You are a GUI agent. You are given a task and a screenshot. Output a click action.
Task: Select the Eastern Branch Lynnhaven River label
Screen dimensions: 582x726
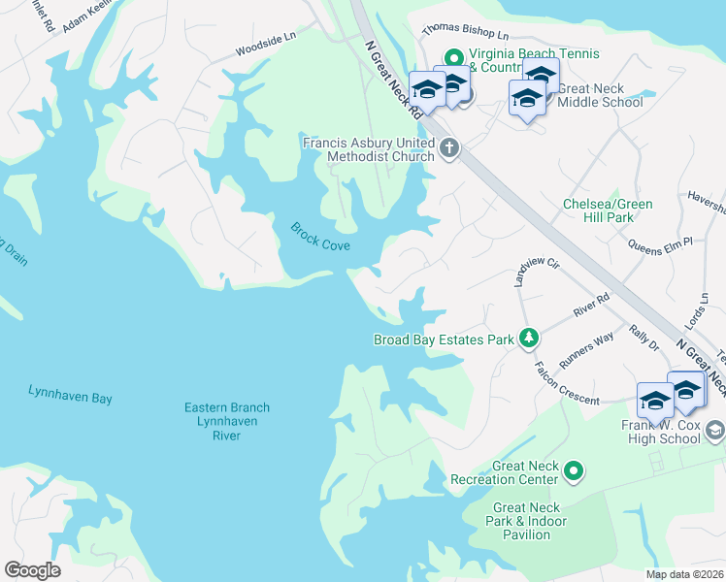coord(227,421)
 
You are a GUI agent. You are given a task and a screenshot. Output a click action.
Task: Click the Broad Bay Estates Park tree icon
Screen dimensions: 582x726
coord(529,339)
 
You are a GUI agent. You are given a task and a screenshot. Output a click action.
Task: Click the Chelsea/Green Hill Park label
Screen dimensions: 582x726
coord(609,210)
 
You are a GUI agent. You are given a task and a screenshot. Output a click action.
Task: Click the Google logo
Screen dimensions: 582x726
coord(32,570)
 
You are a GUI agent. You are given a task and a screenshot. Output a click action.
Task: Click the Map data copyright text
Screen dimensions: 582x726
coord(684,574)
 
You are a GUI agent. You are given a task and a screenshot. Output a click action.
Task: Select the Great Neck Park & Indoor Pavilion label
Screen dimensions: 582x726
coord(529,521)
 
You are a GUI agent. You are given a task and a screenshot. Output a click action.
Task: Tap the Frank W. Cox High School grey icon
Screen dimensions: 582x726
coord(715,428)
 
